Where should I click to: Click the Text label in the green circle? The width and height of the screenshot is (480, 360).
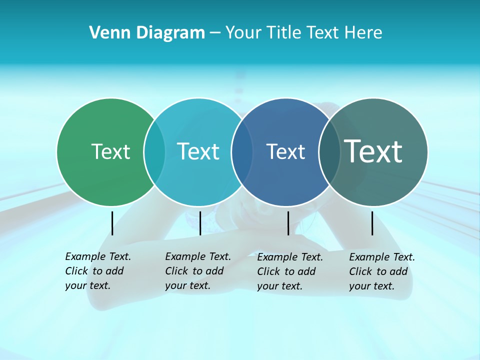(x=110, y=151)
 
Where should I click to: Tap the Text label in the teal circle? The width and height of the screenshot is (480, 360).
(x=198, y=151)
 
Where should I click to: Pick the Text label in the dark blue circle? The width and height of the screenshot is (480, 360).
(x=285, y=151)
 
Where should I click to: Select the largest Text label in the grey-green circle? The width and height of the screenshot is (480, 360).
(x=373, y=151)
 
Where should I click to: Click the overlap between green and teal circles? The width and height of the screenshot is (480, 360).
(x=154, y=152)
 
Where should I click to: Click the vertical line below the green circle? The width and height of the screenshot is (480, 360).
(x=112, y=223)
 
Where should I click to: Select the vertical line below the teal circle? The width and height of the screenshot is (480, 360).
(x=200, y=223)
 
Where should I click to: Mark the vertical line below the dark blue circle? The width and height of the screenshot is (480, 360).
(x=288, y=223)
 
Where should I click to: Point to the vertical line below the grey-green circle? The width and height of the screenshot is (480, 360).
(x=372, y=223)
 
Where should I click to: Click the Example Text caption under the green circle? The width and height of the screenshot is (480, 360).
(x=97, y=271)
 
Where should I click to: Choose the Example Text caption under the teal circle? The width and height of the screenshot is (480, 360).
(x=197, y=271)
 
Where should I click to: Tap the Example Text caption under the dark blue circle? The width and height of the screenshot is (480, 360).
(x=289, y=271)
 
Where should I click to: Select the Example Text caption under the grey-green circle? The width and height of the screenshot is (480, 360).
(x=381, y=271)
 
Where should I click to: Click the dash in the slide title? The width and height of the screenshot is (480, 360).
(x=215, y=33)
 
